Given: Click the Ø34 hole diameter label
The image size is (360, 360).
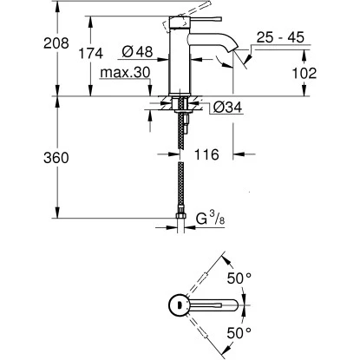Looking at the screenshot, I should coord(225,108).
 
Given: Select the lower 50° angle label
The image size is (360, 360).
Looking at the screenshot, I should coord(239,333).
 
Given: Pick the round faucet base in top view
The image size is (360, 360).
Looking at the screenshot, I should coord(176,304).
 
